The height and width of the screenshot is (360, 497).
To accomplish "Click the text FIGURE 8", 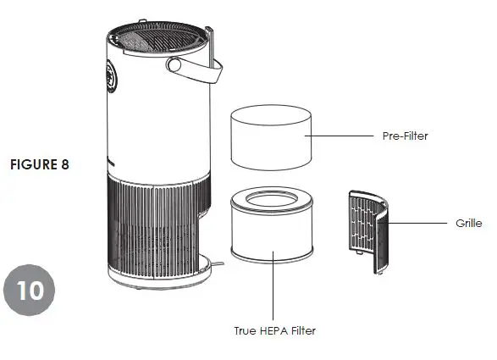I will [39, 164].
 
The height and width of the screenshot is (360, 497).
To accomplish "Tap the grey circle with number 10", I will [30, 290].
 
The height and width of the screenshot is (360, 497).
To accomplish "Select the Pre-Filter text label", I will [399, 136].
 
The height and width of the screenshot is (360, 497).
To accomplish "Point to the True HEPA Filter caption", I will [274, 330].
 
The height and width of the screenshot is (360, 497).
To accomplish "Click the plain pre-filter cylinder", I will [267, 138].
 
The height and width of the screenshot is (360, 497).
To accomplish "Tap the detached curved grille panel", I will [371, 231].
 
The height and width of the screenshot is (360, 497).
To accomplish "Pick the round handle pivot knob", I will [175, 66].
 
